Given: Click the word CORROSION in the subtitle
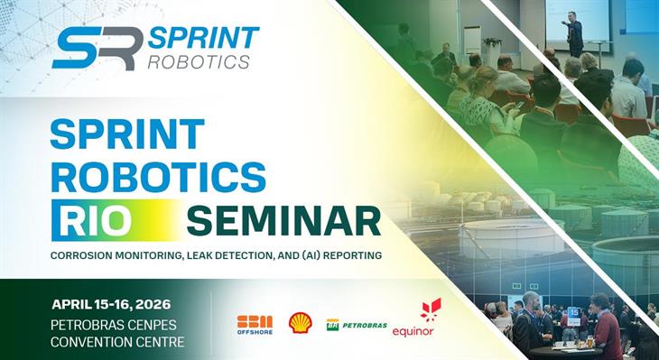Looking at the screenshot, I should pos(88,255).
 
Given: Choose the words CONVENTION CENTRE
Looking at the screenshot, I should pos(117,341).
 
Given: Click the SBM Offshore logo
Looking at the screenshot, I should pos(255,324).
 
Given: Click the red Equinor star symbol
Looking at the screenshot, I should pos(431,309).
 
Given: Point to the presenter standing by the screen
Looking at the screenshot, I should pos(574,33).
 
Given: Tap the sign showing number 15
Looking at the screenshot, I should pos(573,312).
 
